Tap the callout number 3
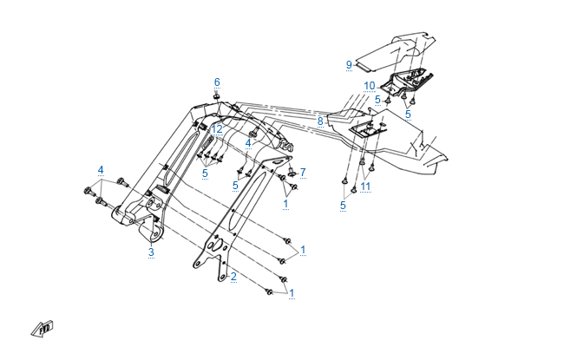[151, 252]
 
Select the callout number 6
[217, 82]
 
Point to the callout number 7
[303, 172]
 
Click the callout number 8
[320, 121]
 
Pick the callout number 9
[349, 64]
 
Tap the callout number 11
[366, 187]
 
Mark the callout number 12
[217, 128]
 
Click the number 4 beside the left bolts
[101, 169]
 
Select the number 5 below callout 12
[205, 173]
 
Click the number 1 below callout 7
[285, 204]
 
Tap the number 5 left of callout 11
[344, 206]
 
